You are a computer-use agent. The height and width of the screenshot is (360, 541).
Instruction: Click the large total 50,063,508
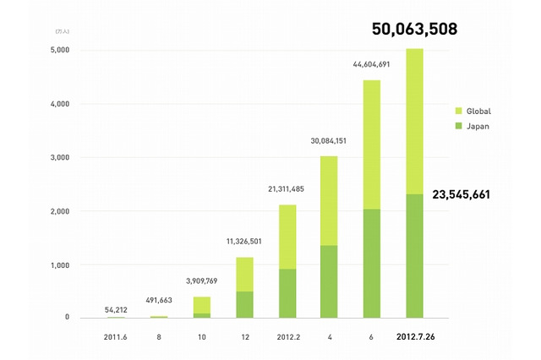click(415, 29)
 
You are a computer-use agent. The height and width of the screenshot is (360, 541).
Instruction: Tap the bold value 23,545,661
click(474, 194)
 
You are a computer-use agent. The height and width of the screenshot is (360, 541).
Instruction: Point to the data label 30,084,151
click(330, 140)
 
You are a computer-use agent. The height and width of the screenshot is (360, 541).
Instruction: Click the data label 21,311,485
click(287, 188)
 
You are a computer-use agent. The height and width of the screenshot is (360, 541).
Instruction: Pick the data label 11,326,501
click(244, 241)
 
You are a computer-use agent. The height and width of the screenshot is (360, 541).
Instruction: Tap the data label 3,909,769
click(201, 280)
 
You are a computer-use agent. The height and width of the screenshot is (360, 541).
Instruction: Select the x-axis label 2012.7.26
click(416, 337)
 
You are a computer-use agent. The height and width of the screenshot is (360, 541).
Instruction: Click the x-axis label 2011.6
click(116, 337)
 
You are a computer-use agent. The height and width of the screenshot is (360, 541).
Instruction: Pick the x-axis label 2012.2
click(287, 337)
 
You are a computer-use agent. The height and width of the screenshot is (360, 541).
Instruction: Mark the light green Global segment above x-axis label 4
click(330, 200)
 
